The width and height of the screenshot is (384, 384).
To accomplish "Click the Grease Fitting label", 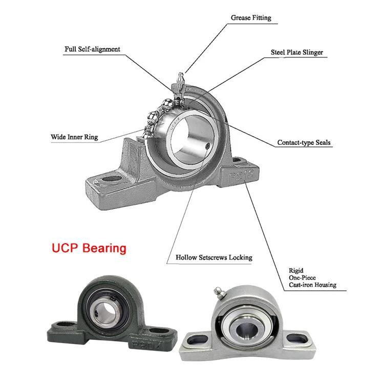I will coord(250,18).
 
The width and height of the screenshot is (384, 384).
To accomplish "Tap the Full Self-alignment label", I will coord(92,49).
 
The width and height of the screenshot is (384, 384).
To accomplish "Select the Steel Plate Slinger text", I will coord(297,52).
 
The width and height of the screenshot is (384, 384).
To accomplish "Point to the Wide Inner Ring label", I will coord(74,137).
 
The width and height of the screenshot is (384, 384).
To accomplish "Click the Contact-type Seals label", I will coord(304,143).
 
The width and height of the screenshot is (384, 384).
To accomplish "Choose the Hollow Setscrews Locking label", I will coord(214,258).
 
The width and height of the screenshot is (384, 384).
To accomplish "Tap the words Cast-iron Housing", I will coord(312,285).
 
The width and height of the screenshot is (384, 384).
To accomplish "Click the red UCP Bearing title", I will coord(89,248).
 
